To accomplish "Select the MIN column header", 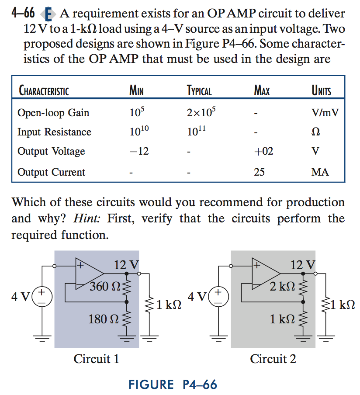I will (136, 91).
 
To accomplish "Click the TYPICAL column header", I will (199, 91).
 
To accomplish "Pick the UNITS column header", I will (321, 91).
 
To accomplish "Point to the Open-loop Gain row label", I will (53, 113).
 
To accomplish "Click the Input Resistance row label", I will (54, 132).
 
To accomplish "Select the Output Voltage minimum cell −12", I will (139, 151).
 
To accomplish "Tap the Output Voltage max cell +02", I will (263, 151).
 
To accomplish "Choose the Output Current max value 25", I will (260, 172).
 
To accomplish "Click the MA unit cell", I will (320, 172).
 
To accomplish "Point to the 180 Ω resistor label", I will (104, 319).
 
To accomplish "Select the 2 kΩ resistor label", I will (282, 287).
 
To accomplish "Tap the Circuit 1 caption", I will (97, 359).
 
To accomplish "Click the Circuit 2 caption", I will (273, 359).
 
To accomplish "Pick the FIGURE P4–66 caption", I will (173, 385).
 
